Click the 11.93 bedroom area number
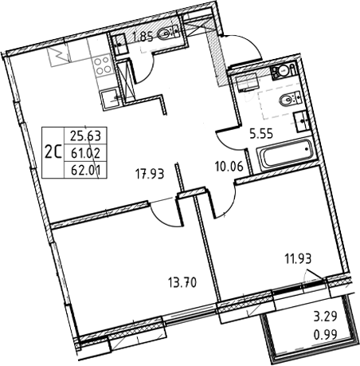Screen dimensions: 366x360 [x=297, y=257]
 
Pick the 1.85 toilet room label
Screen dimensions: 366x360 [x=143, y=35]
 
